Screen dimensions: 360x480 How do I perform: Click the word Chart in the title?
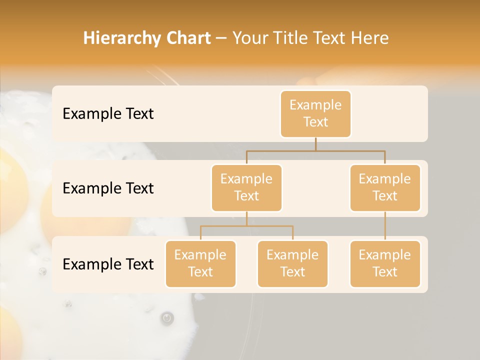[x=187, y=38]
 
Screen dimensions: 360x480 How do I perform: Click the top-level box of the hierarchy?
[x=315, y=113]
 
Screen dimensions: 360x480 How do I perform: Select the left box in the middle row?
[x=246, y=187]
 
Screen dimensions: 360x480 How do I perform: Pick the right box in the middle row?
[x=385, y=187]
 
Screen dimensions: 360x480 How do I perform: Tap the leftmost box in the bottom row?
[x=200, y=263]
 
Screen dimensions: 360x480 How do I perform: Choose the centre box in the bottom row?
[x=292, y=263]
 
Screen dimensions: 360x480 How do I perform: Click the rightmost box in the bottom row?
[x=385, y=263]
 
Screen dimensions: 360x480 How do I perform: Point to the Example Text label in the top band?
[x=108, y=113]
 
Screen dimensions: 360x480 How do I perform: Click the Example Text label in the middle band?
[x=108, y=188]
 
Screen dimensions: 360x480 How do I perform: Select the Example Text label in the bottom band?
[x=108, y=264]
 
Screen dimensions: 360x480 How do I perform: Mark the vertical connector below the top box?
[x=315, y=143]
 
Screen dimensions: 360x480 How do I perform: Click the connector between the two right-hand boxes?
[x=385, y=225]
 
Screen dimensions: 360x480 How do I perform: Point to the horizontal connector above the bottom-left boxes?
[x=246, y=226]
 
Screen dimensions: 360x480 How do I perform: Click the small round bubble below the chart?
[x=167, y=317]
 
